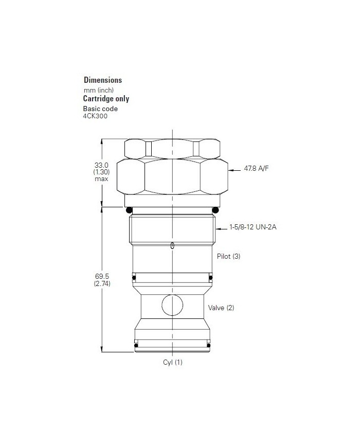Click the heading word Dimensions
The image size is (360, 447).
click(x=103, y=80)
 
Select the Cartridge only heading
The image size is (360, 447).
click(x=106, y=99)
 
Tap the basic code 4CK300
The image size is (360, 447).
click(x=95, y=116)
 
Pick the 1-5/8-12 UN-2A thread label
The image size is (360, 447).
click(x=249, y=227)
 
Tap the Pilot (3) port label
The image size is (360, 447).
click(x=229, y=256)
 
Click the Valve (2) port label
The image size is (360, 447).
click(x=221, y=308)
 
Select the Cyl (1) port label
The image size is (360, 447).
click(x=173, y=362)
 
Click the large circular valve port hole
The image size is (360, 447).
click(x=172, y=305)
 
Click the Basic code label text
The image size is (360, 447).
click(x=100, y=109)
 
